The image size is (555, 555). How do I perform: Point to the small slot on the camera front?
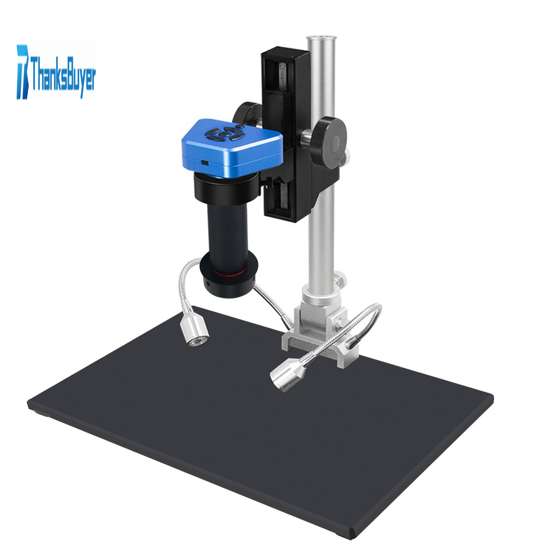(x=205, y=163)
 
